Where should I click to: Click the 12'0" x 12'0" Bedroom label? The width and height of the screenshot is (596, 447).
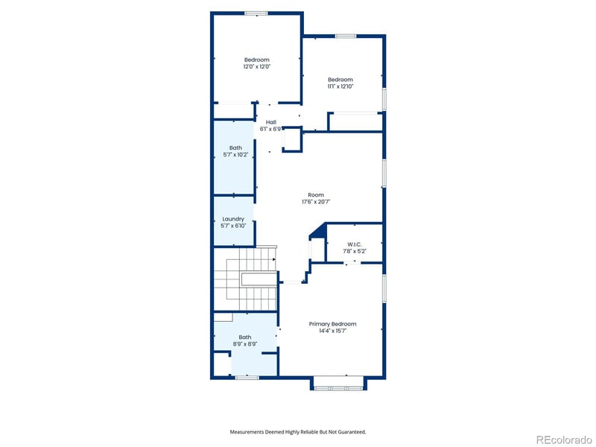coord(256,63)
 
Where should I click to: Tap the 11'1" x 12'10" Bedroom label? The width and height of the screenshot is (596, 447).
coord(340,83)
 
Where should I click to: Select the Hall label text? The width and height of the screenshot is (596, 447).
coord(270,122)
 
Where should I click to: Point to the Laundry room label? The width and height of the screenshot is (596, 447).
coord(233,219)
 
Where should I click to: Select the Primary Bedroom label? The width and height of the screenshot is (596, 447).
coord(332,324)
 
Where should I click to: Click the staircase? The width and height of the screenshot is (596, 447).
coord(245,279)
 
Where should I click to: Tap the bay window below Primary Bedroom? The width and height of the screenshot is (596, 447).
coord(337,383)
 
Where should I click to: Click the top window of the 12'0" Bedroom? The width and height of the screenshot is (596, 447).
coord(256,13)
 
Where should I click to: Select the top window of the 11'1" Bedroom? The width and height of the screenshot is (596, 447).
coord(345,36)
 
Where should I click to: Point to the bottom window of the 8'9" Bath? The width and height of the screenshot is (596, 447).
coord(247,378)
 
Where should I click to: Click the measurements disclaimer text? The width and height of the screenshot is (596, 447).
coord(297,431)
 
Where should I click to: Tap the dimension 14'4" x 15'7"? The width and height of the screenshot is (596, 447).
coord(332,330)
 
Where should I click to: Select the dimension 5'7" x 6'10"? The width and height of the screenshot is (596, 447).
coord(233,226)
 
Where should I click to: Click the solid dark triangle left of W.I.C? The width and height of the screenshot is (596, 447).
coord(318,234)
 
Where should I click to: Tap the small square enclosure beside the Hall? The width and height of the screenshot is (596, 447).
coord(292,139)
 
